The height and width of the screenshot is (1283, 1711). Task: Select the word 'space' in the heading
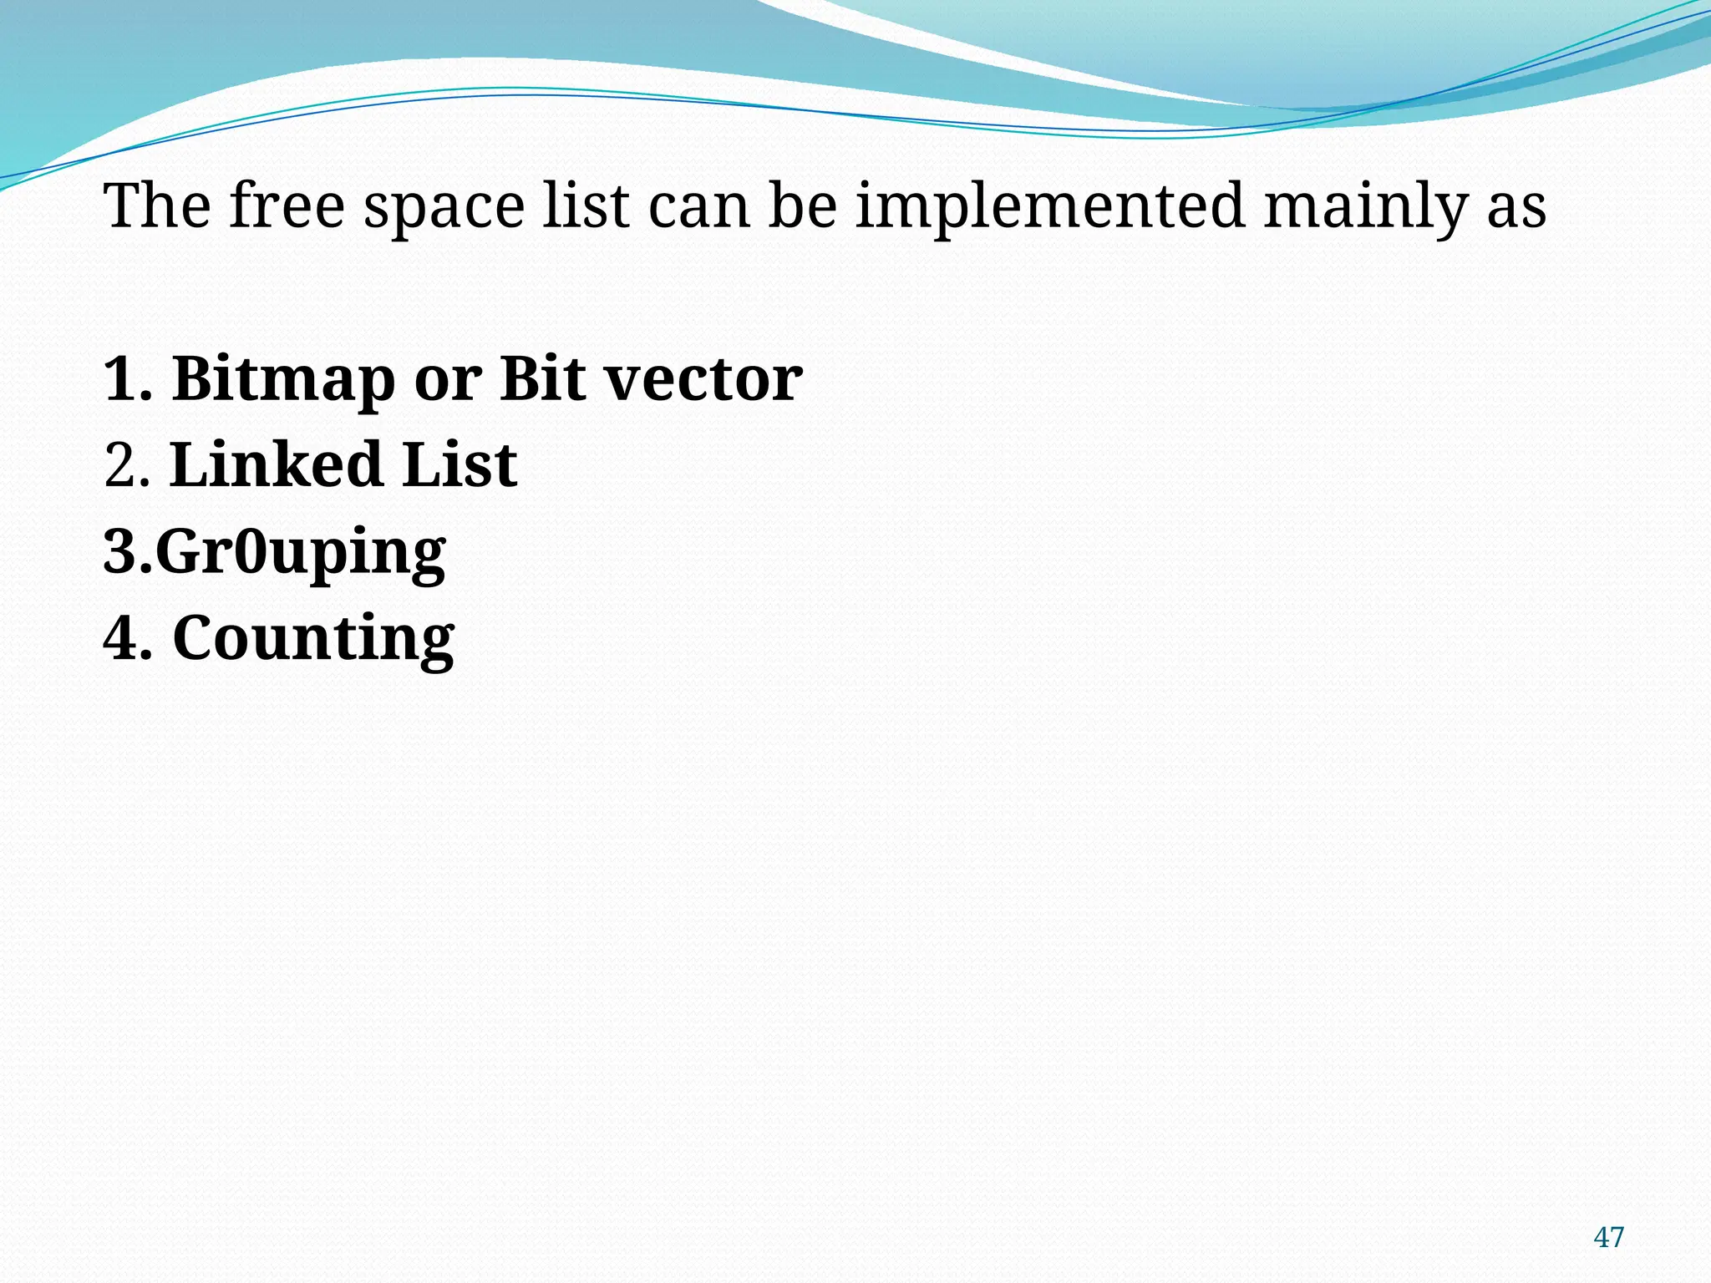444,209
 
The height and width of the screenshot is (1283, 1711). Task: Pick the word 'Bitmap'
283,380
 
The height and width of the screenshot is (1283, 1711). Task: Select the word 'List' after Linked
459,465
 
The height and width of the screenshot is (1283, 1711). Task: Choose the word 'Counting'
313,640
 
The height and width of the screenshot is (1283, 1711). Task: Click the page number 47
1608,1237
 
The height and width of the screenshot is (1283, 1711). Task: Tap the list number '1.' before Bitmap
128,380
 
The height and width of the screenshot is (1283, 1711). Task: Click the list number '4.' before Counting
128,639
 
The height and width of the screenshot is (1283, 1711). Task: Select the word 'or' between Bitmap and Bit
448,380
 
